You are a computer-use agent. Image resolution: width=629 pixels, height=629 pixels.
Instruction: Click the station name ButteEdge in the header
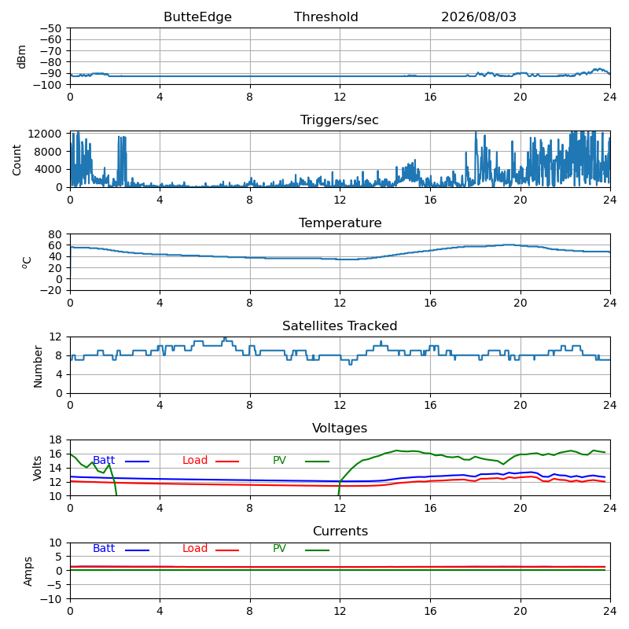pos(197,17)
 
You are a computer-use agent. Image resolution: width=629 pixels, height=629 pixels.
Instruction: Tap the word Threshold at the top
pos(326,17)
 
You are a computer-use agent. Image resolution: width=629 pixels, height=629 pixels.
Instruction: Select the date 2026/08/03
pos(479,17)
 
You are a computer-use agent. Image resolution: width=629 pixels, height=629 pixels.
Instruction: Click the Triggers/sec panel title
pos(340,120)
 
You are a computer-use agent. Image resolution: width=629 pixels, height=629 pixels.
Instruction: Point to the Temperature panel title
pos(340,223)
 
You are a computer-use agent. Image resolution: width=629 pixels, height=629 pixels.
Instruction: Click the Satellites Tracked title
pos(340,326)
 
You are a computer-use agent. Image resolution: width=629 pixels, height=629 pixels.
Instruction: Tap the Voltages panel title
pos(340,428)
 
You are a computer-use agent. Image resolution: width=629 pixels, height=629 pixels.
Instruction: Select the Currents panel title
pos(340,532)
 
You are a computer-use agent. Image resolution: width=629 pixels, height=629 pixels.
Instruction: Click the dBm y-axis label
pos(21,57)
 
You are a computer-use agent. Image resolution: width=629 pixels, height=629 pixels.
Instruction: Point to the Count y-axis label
pos(17,160)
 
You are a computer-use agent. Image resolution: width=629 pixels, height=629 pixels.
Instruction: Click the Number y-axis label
pos(38,366)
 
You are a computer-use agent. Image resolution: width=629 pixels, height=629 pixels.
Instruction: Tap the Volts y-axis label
pos(37,468)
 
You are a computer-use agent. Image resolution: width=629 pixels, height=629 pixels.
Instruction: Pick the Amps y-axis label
pos(28,572)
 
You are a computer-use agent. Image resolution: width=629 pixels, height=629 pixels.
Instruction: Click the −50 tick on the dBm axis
pos(50,28)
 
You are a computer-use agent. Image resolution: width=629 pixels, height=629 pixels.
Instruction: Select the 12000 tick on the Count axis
pos(45,134)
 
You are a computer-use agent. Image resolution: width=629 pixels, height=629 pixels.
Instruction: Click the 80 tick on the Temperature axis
pos(55,234)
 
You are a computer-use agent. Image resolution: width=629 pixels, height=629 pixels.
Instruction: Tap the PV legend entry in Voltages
pos(301,460)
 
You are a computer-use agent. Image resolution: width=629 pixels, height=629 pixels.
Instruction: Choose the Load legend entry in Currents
pos(211,548)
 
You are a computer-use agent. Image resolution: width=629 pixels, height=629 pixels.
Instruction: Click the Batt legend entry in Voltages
pos(121,460)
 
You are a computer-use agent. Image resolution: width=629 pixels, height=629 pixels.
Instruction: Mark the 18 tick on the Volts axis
pos(55,440)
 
